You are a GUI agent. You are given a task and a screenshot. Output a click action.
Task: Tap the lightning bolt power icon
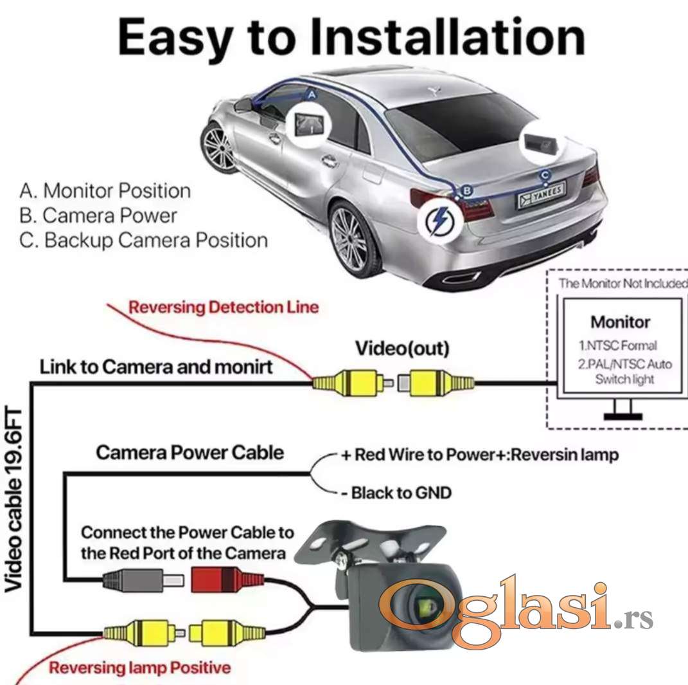click(x=440, y=221)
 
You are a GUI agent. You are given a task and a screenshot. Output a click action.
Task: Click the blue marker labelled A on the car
click(x=312, y=94)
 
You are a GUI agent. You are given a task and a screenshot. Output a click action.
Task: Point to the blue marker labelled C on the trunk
click(x=545, y=174)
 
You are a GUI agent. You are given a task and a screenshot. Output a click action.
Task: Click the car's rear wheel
click(x=350, y=239)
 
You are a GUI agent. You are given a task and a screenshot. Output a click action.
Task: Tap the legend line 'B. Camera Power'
click(x=98, y=215)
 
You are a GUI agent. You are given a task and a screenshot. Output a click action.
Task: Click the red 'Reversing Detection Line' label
click(x=223, y=307)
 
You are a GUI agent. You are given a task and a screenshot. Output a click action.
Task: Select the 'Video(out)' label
click(x=402, y=349)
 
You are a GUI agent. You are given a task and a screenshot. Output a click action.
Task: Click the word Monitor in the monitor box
click(x=620, y=322)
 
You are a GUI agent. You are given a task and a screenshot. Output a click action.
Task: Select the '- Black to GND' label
click(x=396, y=493)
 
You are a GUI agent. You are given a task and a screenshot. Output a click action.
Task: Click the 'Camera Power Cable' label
click(x=190, y=452)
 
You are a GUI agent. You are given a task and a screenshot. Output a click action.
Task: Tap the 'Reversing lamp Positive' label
click(x=139, y=668)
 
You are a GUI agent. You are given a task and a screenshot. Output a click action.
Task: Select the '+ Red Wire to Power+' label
click(x=479, y=455)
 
